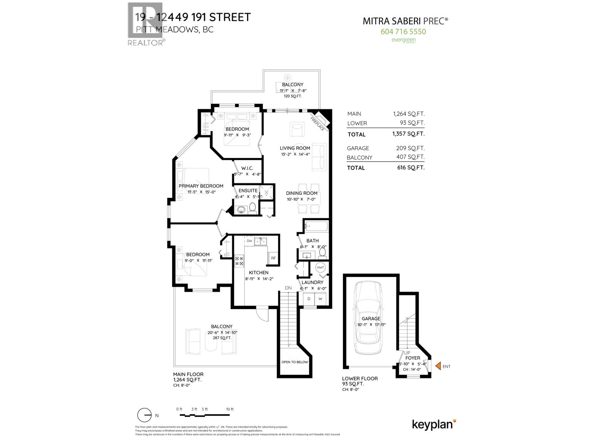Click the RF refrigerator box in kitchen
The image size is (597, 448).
coord(273,258)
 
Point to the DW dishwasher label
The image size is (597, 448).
coord(250,241)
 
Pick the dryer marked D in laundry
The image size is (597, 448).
coord(309,299)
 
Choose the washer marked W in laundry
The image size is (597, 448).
coord(320,299)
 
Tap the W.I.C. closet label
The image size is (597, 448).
coord(247,168)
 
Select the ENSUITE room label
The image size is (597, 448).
coord(248,190)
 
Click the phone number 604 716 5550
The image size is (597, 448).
coord(403,32)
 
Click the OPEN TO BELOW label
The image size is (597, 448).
coord(294,362)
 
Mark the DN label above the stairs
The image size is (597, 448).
coord(288,288)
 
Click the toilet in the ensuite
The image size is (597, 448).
coord(252,208)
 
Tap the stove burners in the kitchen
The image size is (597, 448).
coord(239,261)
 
